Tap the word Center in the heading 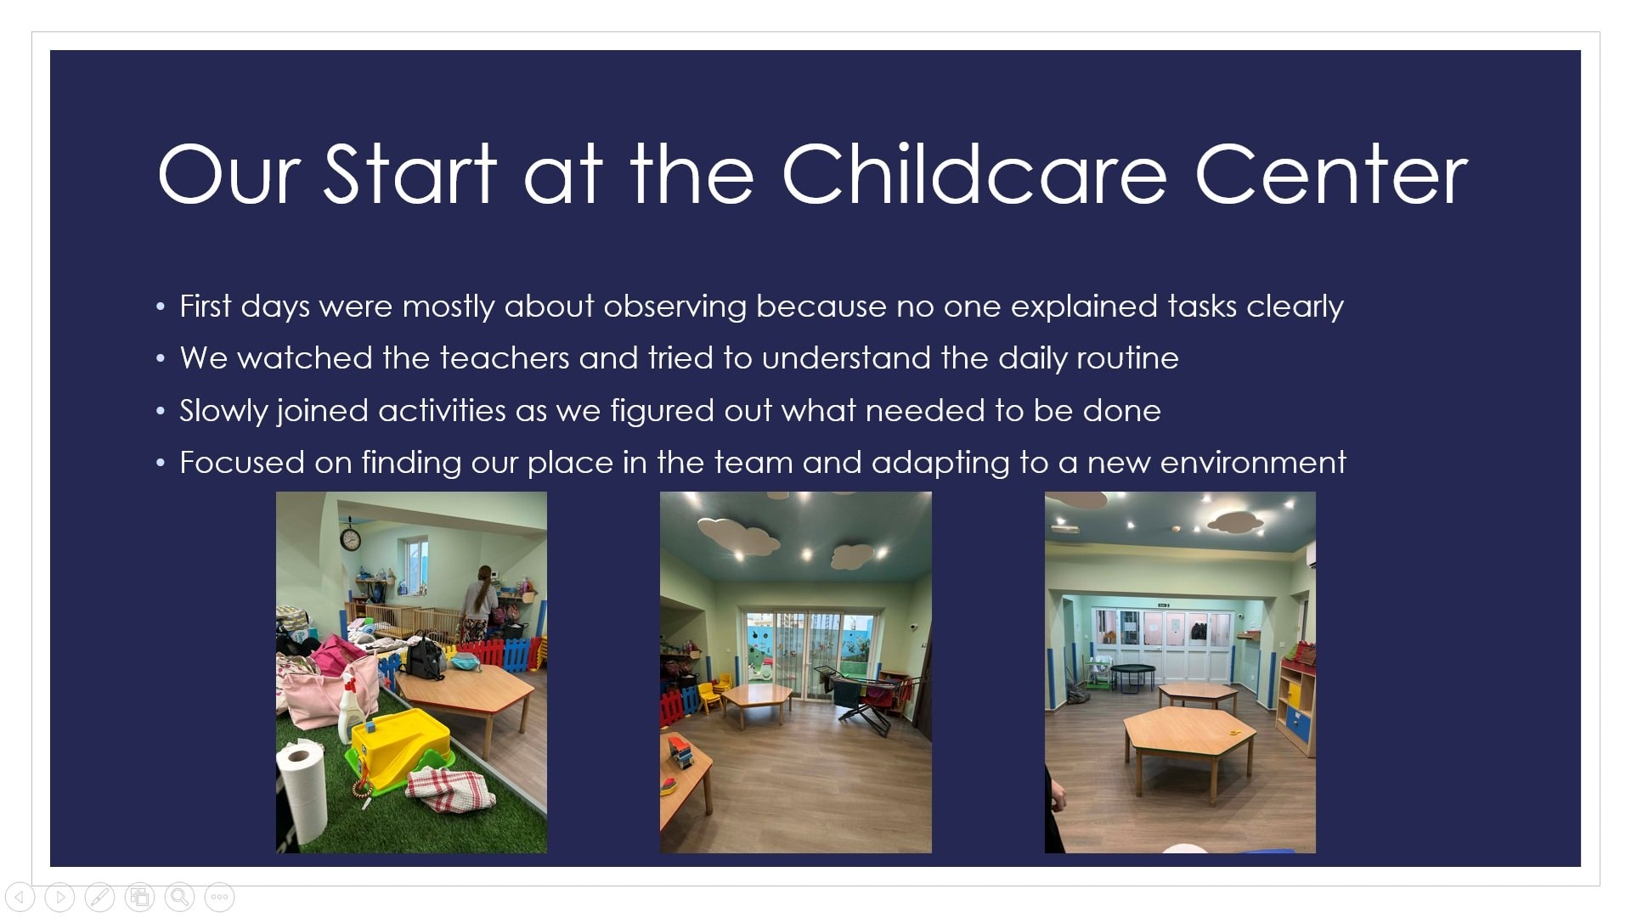1331,174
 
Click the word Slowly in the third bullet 223,412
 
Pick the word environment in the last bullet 1253,463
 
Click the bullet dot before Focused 161,464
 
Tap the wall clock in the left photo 350,537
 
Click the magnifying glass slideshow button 179,897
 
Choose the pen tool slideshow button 99,897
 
